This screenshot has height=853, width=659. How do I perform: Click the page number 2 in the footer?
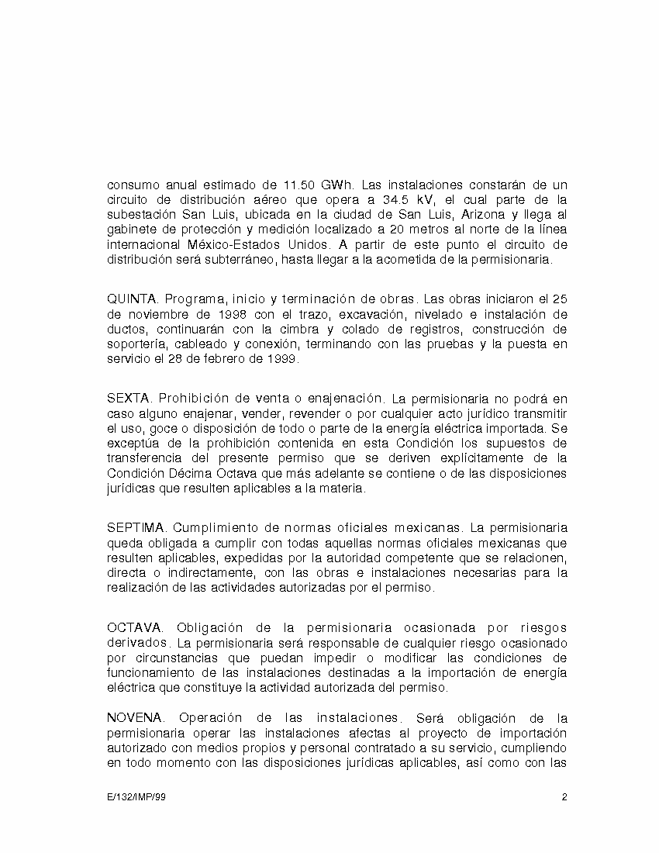[x=565, y=797]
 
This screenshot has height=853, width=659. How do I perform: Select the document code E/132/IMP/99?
[x=136, y=797]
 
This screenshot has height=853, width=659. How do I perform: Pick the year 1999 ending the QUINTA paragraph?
[x=284, y=359]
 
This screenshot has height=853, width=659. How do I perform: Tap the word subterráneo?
[x=242, y=260]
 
